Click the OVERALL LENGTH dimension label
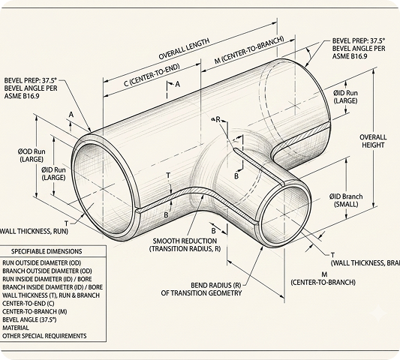tap(184, 49)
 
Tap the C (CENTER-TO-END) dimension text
tap(152, 75)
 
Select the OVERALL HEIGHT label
tap(373, 141)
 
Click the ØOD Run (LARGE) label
tap(32, 155)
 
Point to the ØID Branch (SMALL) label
tap(346, 200)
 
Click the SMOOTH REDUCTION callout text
tap(185, 244)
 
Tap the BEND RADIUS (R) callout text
tap(201, 289)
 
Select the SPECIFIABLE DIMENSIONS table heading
tap(47, 251)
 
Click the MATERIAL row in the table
tap(16, 328)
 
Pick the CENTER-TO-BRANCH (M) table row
tap(35, 311)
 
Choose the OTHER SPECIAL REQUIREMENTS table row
tap(44, 336)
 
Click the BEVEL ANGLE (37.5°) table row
tap(29, 319)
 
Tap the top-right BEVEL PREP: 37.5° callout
tap(359, 49)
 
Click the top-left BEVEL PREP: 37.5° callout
tap(31, 88)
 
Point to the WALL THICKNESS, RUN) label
tap(34, 231)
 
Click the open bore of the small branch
tap(285, 214)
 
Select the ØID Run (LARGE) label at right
tap(345, 97)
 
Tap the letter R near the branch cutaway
tap(218, 119)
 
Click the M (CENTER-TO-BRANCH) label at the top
tap(249, 50)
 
